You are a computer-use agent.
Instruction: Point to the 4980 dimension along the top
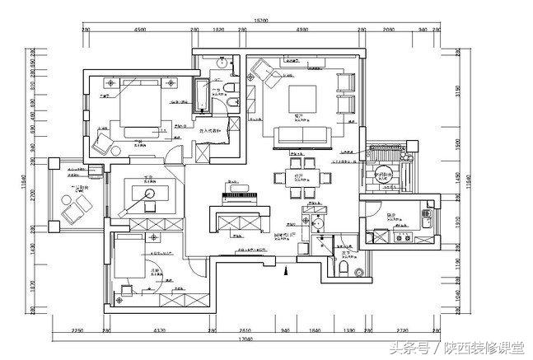pos(301,30)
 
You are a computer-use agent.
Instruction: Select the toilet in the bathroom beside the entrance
pos(344,268)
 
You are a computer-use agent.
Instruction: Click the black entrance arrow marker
pos(285,269)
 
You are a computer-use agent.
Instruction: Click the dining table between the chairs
pos(298,180)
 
